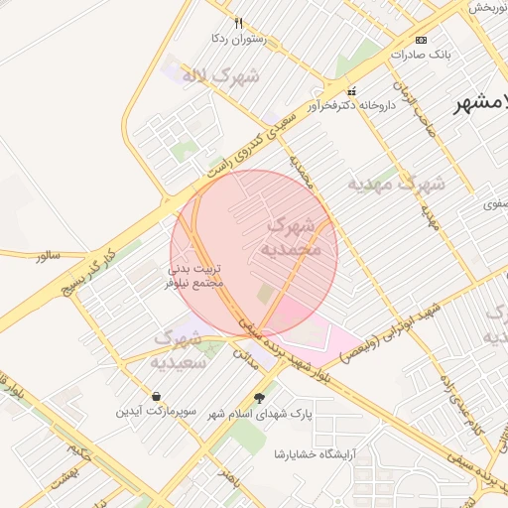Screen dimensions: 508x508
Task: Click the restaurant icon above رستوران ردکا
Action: coord(238,23)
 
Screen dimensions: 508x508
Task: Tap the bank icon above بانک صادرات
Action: coord(422,40)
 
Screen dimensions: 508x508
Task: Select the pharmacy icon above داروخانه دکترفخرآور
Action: coord(350,91)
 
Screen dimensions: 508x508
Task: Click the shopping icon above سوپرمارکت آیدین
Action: coord(157,396)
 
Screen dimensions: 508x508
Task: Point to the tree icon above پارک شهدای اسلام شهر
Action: coord(260,398)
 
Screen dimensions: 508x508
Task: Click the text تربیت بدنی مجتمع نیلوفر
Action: coord(194,275)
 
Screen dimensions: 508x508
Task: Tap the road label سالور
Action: coord(48,256)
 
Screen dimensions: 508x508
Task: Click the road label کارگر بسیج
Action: coord(81,273)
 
